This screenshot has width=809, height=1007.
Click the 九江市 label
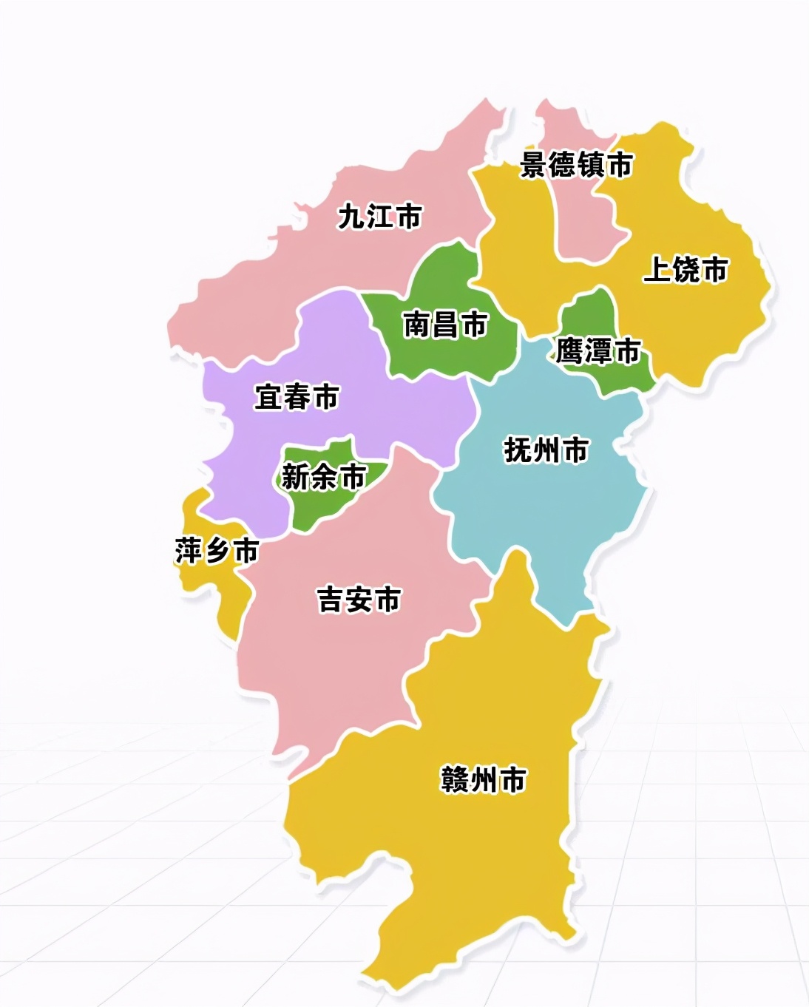pos(379,217)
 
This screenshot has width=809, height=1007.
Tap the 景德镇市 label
pos(577,164)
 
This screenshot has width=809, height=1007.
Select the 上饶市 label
pos(686,269)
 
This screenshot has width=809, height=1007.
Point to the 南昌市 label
pos(445,325)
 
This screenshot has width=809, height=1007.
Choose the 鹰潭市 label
pos(598,351)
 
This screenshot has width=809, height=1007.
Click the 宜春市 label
pos(296,397)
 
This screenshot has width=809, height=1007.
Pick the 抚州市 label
pos(546,450)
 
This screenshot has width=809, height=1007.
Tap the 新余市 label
pos(324,477)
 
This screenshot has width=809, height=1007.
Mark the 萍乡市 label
pos(217,551)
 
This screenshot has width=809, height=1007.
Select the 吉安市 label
pos(359,599)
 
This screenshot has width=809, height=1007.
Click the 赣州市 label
pos(483,779)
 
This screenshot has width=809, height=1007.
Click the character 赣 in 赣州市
pos(456,779)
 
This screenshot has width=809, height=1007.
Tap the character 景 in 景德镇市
pos(534,164)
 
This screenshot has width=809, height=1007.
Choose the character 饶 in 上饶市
pos(686,269)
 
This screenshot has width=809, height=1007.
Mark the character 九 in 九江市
pos(351,217)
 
